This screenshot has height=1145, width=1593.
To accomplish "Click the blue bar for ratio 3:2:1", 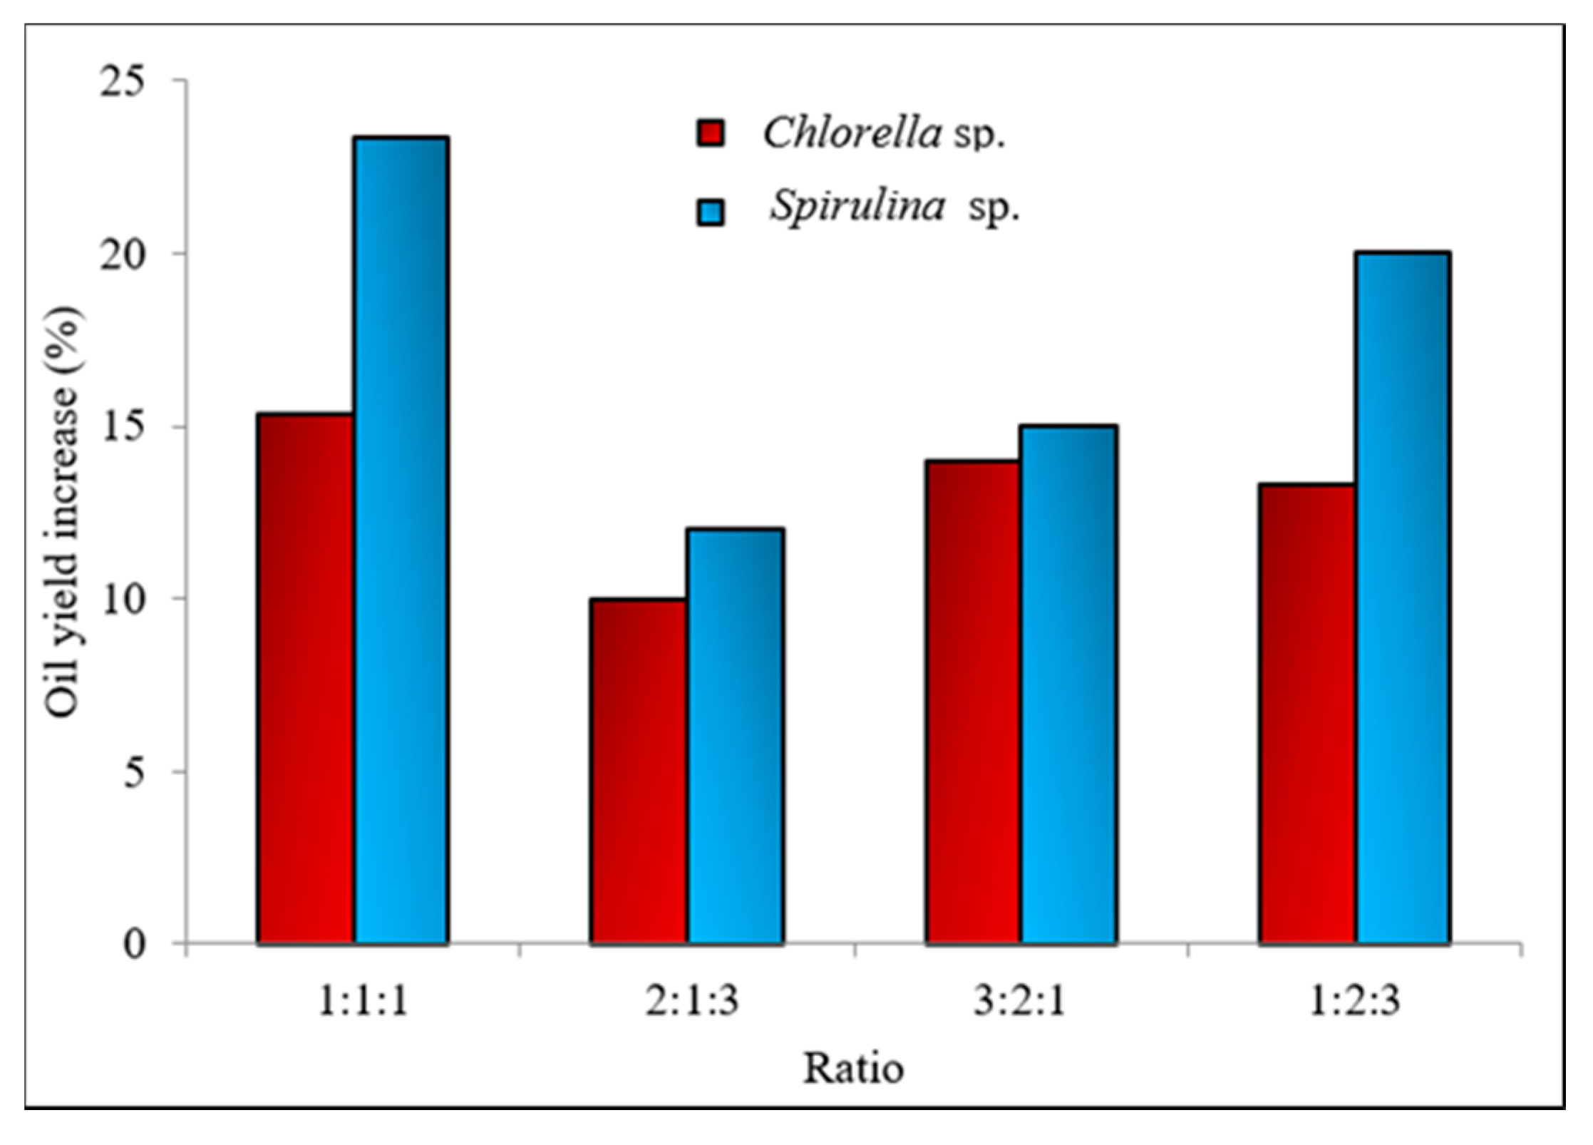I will click(x=1068, y=684).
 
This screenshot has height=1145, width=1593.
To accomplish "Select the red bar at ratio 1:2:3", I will click(x=1306, y=714).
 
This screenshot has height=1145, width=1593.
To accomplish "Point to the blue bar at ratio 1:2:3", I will click(x=1403, y=598).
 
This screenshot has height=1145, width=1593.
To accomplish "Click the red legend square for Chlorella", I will click(x=710, y=133).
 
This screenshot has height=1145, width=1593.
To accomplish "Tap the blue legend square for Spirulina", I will click(x=710, y=212).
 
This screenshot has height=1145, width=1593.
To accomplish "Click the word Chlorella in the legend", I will click(x=852, y=133).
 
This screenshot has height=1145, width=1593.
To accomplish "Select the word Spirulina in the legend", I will click(x=857, y=207).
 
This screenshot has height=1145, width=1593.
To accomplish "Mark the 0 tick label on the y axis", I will click(x=134, y=944).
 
